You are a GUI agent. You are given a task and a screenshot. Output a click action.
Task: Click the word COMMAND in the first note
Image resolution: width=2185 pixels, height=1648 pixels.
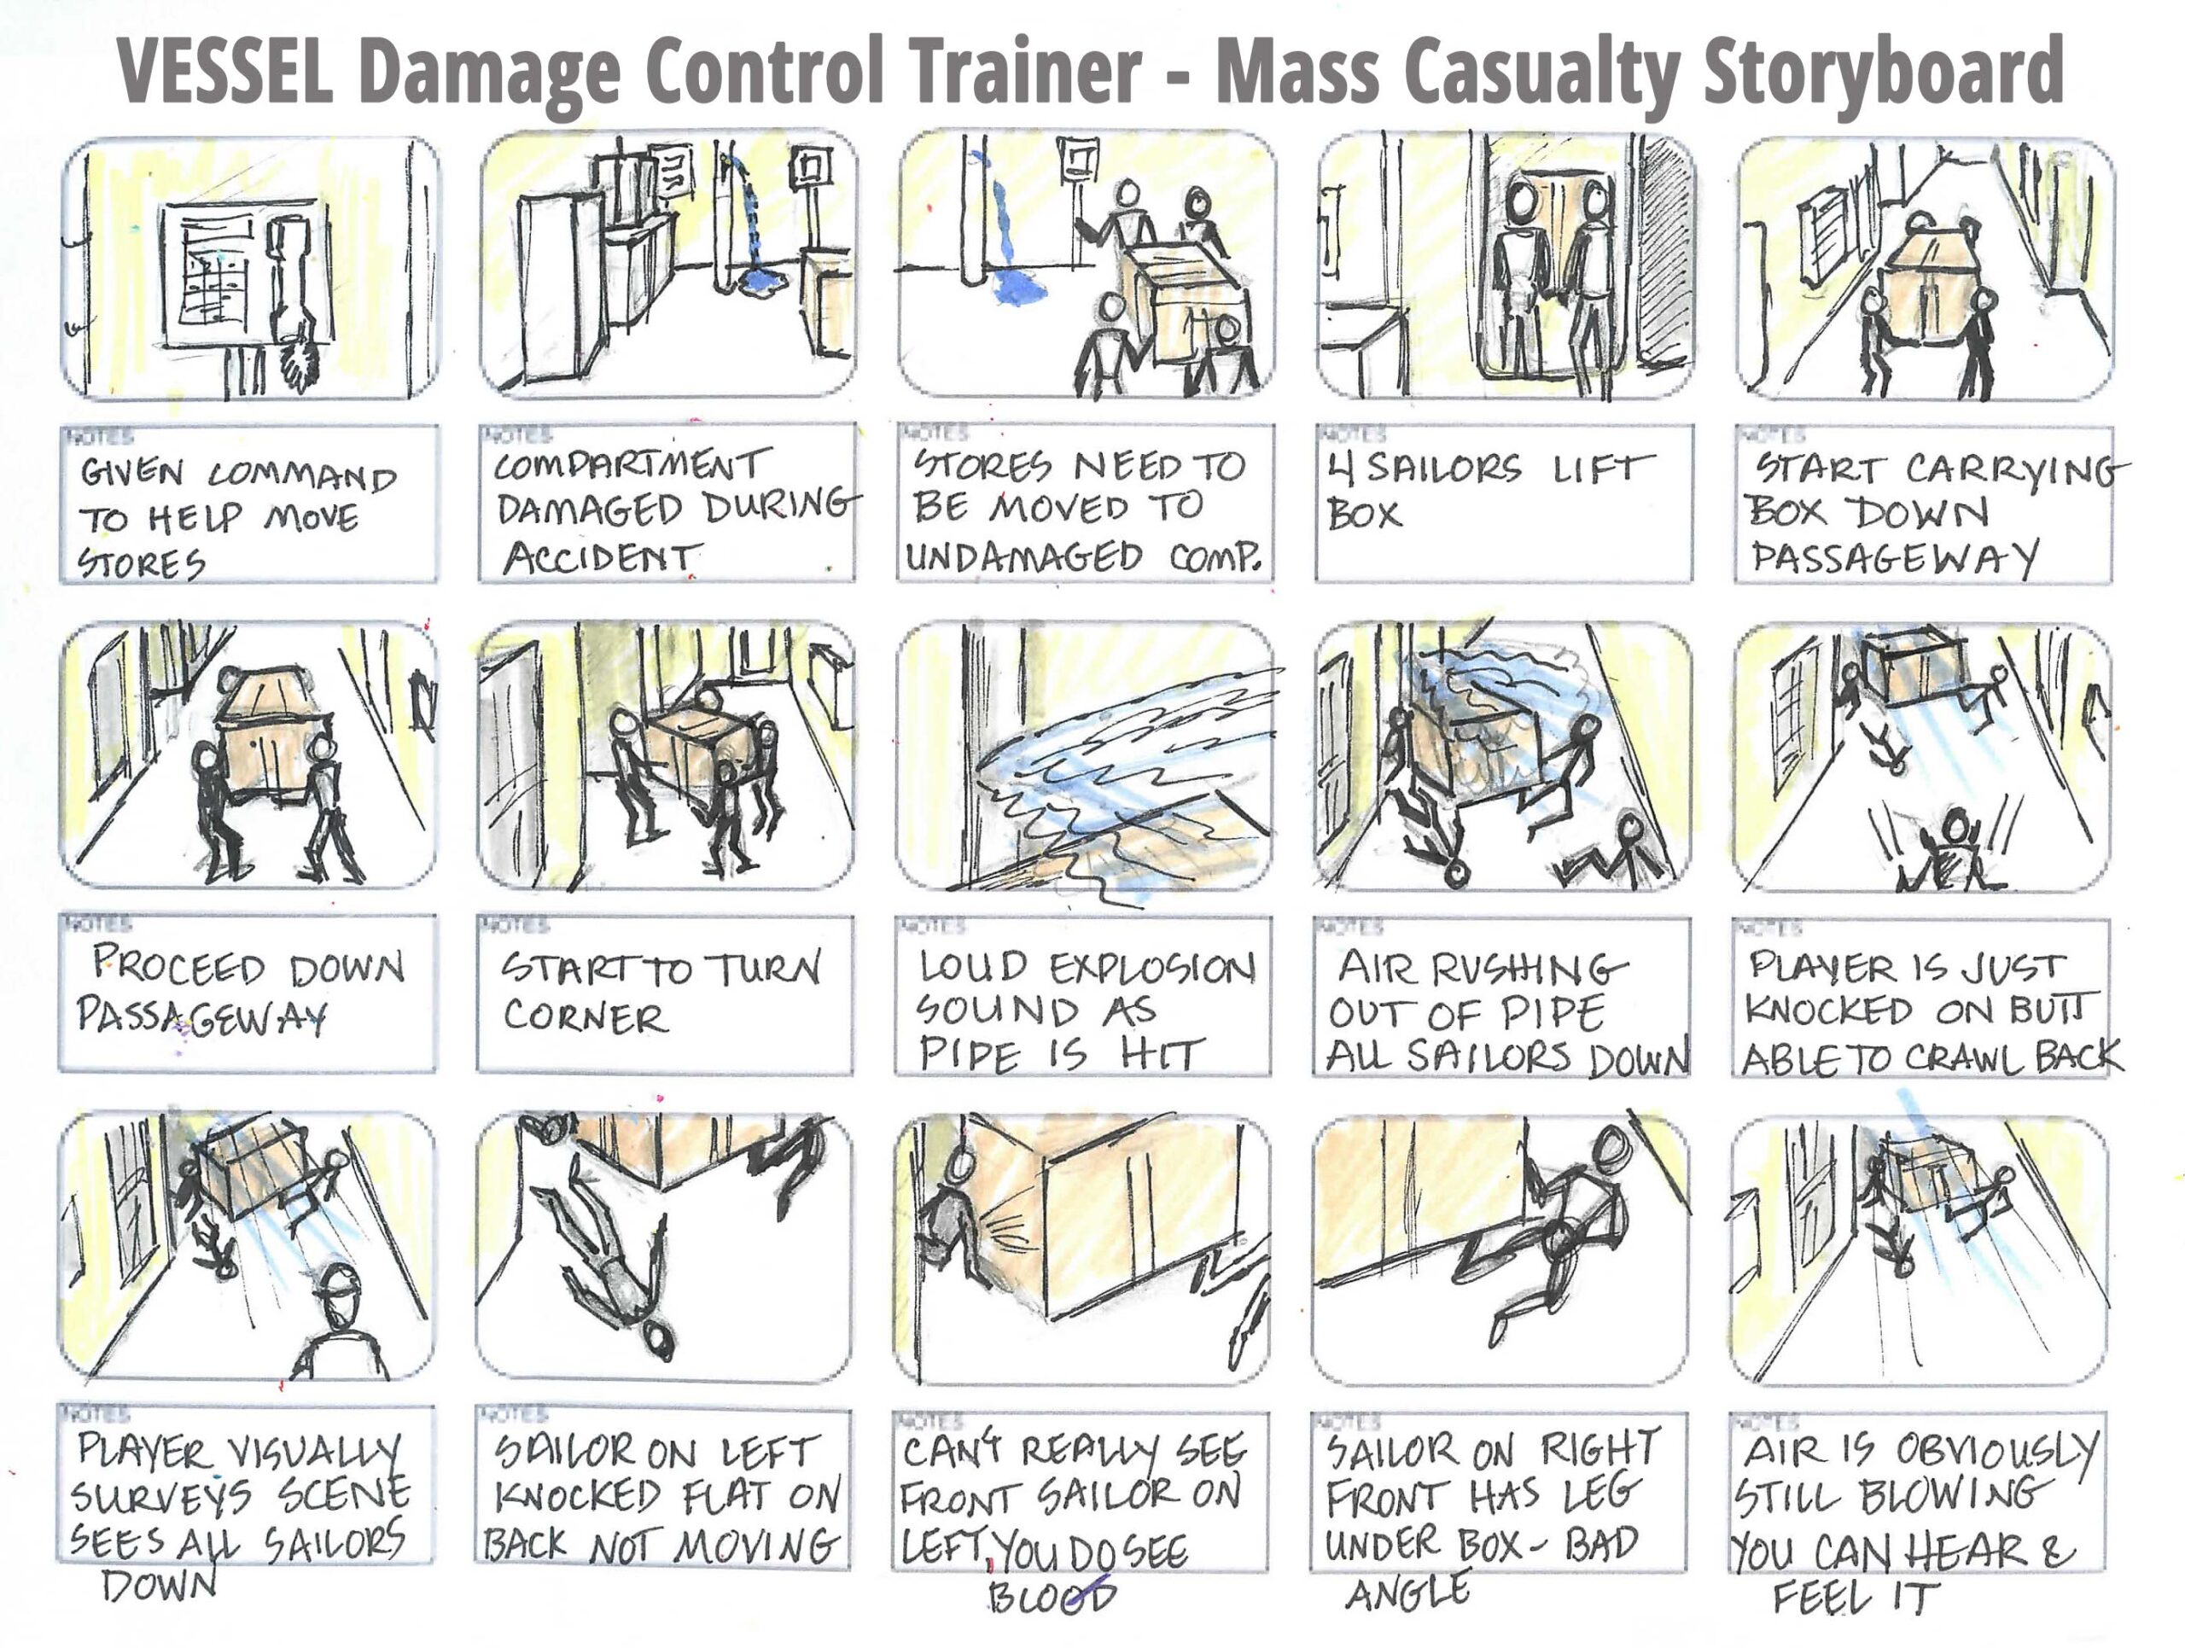(302, 477)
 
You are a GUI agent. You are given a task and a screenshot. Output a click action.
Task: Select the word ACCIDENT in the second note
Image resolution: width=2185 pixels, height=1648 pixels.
(602, 559)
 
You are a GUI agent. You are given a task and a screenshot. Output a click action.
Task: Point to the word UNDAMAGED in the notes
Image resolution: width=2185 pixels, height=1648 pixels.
(1023, 557)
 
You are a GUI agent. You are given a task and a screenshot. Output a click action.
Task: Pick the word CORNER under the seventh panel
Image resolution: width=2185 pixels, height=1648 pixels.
(585, 1016)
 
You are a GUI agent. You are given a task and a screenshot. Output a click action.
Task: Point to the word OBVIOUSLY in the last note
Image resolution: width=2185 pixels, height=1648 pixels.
(1996, 1452)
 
